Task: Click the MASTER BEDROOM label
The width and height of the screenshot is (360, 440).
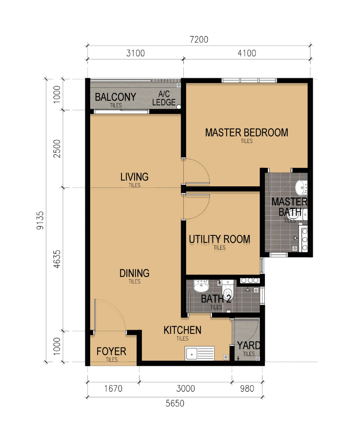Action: [x=247, y=132]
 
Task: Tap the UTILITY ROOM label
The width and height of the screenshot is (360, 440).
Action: [x=219, y=239]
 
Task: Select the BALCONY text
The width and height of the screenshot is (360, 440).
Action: [x=115, y=97]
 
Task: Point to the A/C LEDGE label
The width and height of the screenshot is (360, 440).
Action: [x=164, y=98]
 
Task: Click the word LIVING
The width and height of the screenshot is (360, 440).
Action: [x=135, y=177]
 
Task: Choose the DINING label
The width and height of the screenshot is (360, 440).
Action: [x=135, y=273]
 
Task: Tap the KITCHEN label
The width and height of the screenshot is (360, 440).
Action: [x=182, y=330]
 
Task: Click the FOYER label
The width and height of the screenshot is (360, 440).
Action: [x=111, y=351]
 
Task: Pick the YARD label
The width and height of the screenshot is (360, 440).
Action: [x=249, y=345]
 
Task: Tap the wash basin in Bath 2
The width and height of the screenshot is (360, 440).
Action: [x=202, y=286]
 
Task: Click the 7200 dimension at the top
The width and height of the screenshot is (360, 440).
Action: [x=199, y=39]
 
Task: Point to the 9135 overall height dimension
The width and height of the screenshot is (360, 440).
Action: [x=40, y=220]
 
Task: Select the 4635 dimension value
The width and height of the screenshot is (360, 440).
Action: [x=57, y=259]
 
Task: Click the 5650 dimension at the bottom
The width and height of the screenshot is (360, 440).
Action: [x=175, y=403]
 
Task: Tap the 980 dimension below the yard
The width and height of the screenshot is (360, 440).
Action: [x=247, y=389]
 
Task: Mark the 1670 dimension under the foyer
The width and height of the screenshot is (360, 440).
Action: [x=113, y=389]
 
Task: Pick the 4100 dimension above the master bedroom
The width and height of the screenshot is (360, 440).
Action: [x=247, y=53]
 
